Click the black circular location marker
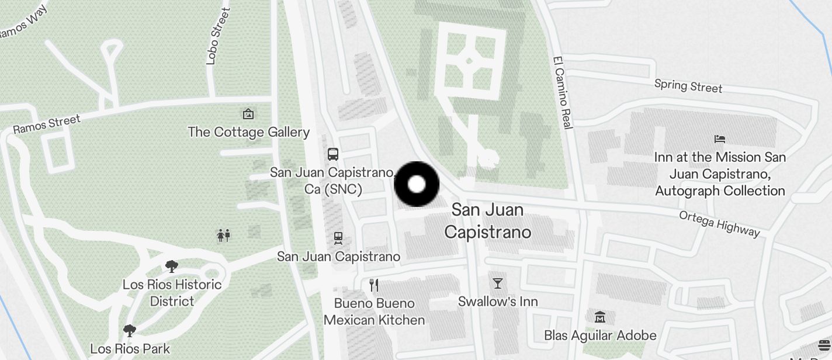point(417,184)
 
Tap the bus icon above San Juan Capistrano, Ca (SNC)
point(333,154)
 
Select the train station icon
point(338,238)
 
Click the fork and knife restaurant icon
point(374,285)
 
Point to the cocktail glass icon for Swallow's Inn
point(498,283)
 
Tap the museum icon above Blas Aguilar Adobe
point(599,317)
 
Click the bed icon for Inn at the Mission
point(720,139)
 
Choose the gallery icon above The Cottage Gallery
point(248,113)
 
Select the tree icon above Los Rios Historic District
point(172,267)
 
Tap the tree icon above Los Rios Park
point(130,331)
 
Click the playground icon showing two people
point(224,236)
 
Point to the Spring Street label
point(688,86)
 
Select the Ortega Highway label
point(719,224)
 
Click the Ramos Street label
point(47,124)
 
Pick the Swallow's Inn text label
point(498,302)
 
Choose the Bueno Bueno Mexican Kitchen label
point(374,311)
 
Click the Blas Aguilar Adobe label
point(600,335)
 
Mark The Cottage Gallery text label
point(248,132)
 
